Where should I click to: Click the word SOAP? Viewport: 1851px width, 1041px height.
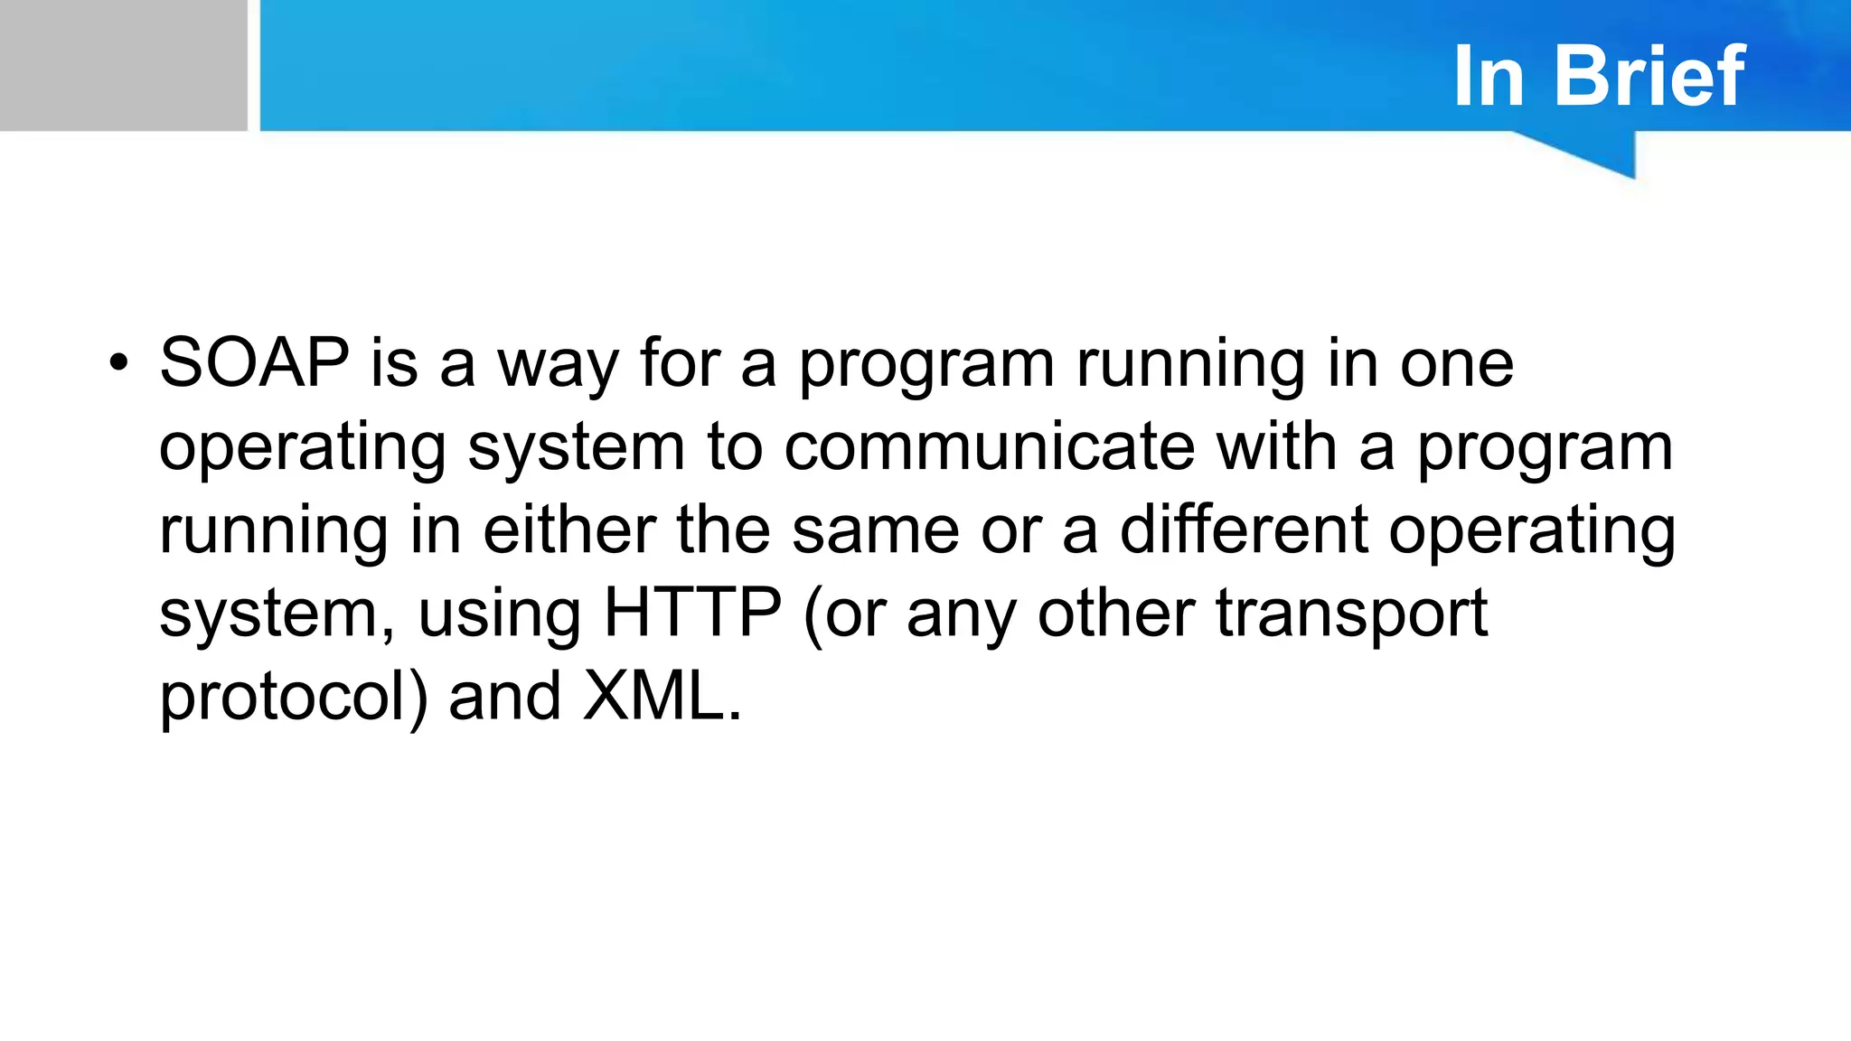pos(254,363)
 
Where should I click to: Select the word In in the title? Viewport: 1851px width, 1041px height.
pos(1489,77)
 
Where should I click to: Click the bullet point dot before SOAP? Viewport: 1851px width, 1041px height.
pos(117,364)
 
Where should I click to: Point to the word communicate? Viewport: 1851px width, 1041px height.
pos(989,446)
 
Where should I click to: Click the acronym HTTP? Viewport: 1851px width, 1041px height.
pos(692,613)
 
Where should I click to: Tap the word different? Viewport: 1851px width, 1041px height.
pos(1244,530)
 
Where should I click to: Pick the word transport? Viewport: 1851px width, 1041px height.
pos(1351,614)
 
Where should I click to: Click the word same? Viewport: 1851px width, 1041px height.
pos(875,531)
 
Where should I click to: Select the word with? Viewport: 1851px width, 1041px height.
pos(1276,446)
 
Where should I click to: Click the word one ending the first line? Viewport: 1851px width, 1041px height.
pos(1456,365)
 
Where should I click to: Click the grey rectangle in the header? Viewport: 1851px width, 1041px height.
pos(123,65)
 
